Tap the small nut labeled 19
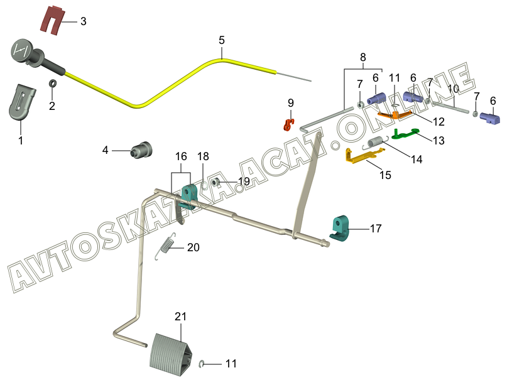pyautogui.click(x=215, y=183)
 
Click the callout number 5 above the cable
pyautogui.click(x=222, y=40)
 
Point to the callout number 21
pyautogui.click(x=181, y=317)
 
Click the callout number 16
pyautogui.click(x=181, y=156)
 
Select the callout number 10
pyautogui.click(x=453, y=89)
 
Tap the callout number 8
pyautogui.click(x=363, y=57)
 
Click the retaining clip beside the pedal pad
pyautogui.click(x=203, y=363)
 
